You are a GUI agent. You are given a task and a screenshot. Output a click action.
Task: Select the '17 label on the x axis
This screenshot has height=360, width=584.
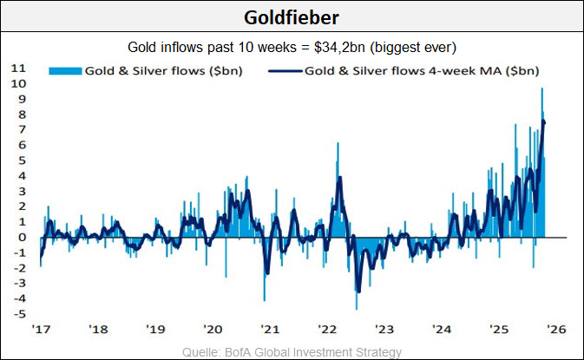pos(41,330)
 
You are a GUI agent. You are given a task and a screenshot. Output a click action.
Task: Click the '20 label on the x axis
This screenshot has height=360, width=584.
pos(212,330)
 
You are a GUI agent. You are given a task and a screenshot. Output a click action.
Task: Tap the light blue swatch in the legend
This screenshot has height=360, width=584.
pos(64,70)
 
